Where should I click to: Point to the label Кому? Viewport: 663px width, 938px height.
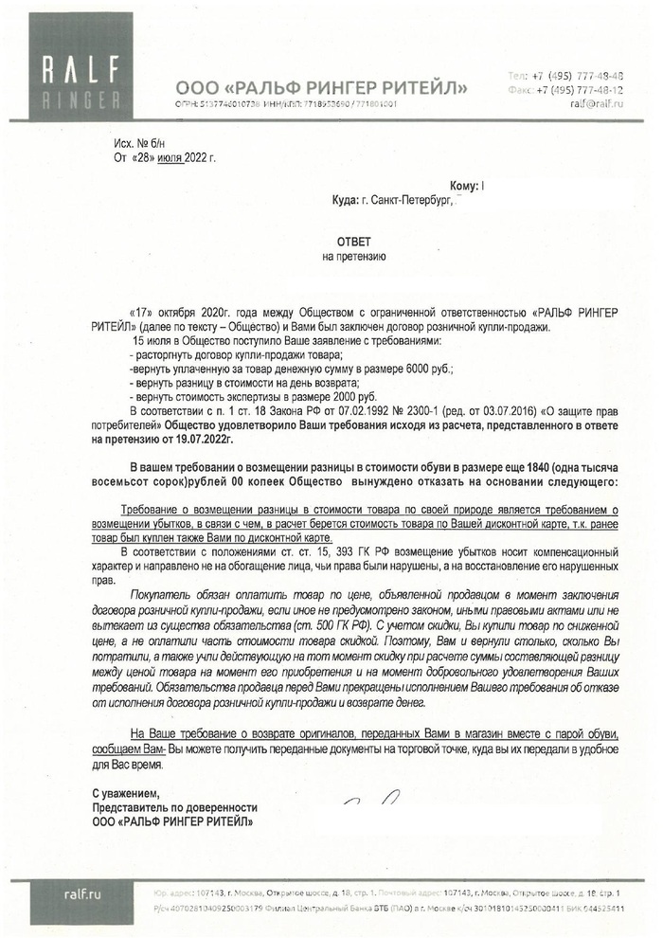[x=462, y=188]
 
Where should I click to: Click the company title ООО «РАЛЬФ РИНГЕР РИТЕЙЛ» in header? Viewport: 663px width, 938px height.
[x=321, y=88]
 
